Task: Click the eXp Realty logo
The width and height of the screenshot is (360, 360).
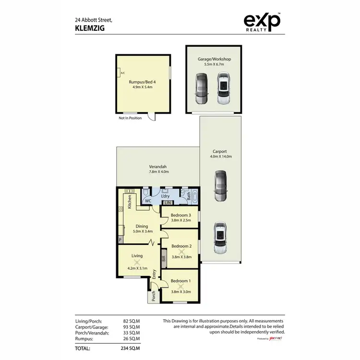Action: coord(262,23)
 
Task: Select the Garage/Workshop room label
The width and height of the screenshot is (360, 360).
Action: coord(215,59)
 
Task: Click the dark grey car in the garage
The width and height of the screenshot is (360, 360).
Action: coord(201,89)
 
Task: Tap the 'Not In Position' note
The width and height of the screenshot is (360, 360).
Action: coord(130,118)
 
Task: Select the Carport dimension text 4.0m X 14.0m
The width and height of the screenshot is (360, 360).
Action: coord(218,156)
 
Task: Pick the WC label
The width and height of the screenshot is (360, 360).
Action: coord(148,201)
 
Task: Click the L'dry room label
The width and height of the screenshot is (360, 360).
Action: coord(166,197)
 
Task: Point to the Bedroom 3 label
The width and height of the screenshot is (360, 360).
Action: coord(181,215)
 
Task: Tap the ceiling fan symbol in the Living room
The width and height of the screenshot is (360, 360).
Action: coord(137,262)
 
